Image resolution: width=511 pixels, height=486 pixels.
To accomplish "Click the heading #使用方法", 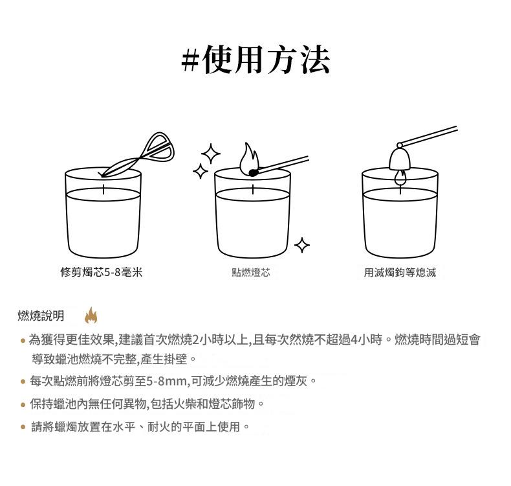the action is point(255,60).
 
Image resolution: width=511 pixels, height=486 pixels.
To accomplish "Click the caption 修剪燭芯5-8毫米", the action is point(102,272).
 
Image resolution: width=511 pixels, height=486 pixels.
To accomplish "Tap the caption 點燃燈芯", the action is point(251,272).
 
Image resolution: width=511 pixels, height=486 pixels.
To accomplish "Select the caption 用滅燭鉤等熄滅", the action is point(400,272).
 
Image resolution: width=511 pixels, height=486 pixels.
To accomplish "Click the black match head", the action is point(253,172).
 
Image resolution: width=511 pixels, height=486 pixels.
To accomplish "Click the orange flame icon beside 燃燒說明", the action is point(91,316).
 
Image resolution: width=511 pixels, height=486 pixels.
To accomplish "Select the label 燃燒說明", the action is point(41,316).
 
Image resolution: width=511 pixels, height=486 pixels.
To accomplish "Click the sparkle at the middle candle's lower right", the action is point(302,245).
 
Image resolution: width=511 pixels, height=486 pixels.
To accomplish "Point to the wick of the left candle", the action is point(103,189).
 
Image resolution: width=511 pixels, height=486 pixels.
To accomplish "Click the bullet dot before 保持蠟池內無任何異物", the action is point(23,405).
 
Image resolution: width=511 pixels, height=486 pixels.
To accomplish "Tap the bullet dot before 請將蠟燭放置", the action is point(23,426).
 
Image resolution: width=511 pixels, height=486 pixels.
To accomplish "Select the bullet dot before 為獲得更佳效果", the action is point(23,341).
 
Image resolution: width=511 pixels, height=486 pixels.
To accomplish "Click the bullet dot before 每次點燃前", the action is point(23,381).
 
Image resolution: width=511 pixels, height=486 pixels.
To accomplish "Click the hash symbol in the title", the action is point(190,60).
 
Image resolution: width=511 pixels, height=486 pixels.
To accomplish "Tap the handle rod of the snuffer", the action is point(428,136).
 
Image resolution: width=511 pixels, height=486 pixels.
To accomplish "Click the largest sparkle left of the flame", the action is point(211,154).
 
